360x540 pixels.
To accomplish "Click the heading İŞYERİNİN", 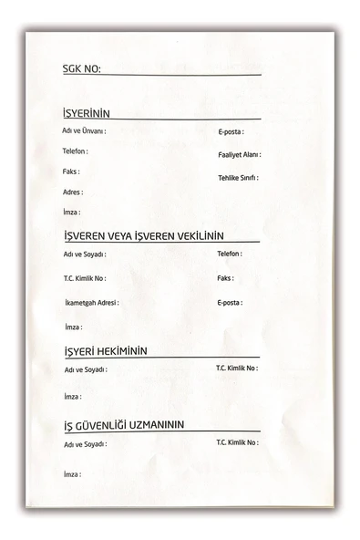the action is point(86,114).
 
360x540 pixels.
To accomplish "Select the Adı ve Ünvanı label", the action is point(84,131).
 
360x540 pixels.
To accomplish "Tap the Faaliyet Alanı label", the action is point(239,155).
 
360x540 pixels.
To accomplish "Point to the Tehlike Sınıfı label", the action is point(238,177).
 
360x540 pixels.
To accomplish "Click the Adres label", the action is point(73,192).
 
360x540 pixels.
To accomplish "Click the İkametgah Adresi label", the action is point(91,302).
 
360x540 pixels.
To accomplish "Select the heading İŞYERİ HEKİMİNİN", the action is point(106,351).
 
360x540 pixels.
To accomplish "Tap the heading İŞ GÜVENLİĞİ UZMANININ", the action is point(124,425).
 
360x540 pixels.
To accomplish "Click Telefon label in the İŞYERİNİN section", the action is point(76,151).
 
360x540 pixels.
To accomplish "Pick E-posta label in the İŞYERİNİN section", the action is point(230,132).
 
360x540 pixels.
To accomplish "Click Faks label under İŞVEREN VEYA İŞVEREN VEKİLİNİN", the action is point(225,278).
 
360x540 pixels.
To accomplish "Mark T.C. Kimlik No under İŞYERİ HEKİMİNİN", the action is point(236,369).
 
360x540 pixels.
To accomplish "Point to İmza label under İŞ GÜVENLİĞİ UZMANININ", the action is point(73,474).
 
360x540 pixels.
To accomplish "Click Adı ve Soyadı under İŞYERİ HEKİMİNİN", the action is point(86,369).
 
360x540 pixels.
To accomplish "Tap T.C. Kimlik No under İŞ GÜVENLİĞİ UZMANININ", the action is point(236,442).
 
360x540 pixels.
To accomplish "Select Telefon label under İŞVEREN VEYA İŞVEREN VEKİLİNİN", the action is point(230,254).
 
